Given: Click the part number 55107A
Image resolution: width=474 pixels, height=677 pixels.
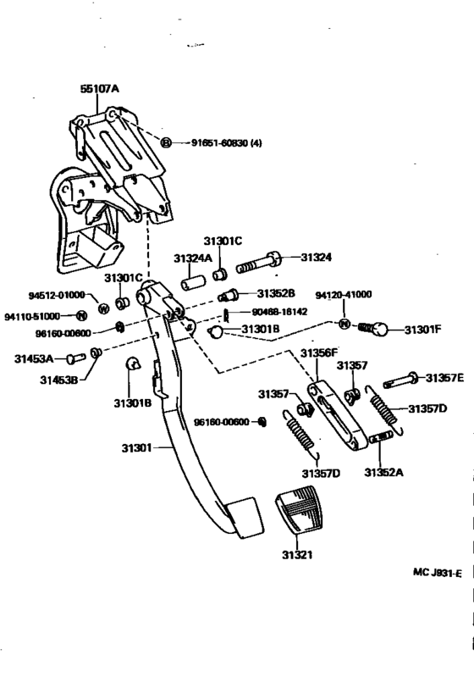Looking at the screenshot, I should [100, 87].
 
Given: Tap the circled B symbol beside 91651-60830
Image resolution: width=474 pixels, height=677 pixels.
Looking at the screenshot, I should [166, 143].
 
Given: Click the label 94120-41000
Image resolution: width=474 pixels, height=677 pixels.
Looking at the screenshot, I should [344, 295].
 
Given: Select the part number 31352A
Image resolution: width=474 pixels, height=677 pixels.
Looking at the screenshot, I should [384, 471].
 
